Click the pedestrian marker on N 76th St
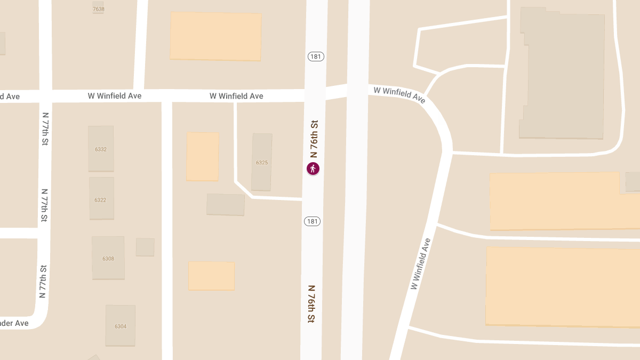click(313, 169)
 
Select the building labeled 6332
click(101, 149)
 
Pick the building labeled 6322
click(101, 199)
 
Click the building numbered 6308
click(108, 258)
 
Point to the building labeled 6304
click(121, 325)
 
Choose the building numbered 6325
click(261, 162)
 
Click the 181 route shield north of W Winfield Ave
click(316, 56)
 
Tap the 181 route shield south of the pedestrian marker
click(313, 221)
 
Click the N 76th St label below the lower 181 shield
click(311, 303)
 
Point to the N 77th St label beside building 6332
click(45, 129)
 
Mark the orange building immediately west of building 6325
click(203, 156)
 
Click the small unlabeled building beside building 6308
click(145, 247)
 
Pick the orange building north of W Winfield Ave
click(215, 36)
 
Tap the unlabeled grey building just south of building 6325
click(226, 204)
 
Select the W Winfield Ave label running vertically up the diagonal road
click(420, 263)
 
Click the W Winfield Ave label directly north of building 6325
click(236, 96)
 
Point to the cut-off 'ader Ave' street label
click(14, 323)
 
